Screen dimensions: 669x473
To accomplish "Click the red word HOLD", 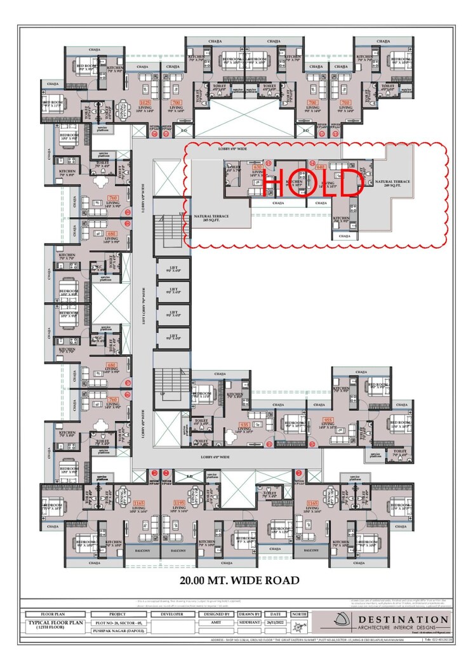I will (x=312, y=184).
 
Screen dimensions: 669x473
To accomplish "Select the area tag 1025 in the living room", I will (x=145, y=102).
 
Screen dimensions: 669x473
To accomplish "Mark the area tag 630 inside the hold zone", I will (x=258, y=168).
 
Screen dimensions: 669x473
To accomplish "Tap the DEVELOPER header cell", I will (x=172, y=614).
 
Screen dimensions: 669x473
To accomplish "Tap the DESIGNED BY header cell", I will (x=220, y=614).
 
